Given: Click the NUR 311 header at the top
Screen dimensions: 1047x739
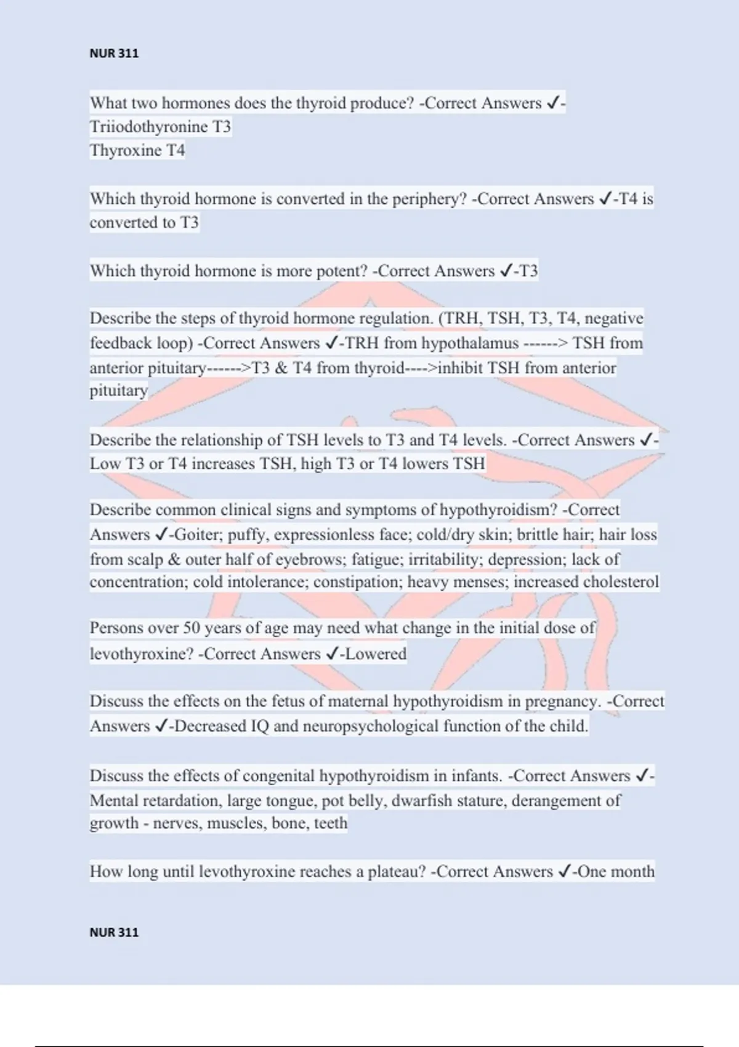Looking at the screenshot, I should coord(114,54).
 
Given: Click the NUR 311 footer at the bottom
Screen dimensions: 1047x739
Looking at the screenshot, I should coord(114,932).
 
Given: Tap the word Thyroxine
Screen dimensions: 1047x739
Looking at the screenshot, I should coord(125,151).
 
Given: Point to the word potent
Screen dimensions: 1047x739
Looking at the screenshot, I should coord(341,272).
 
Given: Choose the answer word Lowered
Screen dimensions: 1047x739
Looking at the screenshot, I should coord(376,654).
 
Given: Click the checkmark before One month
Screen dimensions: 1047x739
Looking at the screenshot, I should coord(563,871).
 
